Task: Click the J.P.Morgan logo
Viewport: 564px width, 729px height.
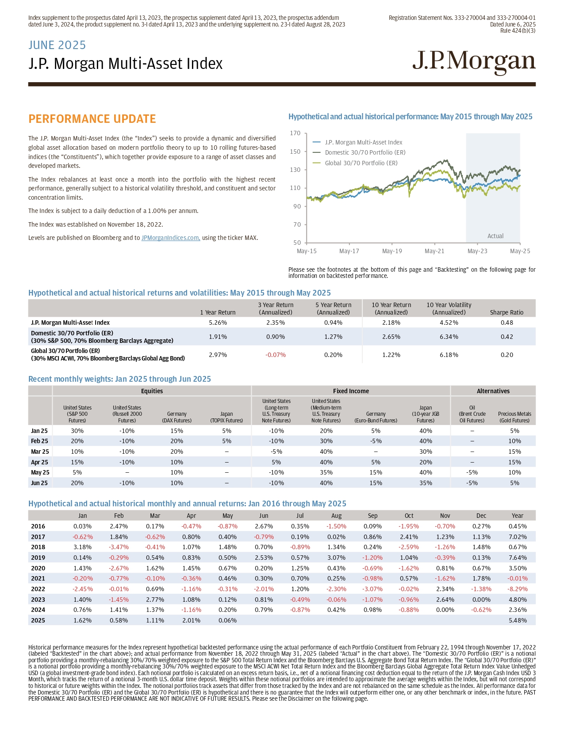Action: tap(474, 63)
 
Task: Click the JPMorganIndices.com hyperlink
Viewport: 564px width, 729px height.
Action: tap(171, 238)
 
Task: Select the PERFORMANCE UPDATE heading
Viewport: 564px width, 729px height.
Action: tap(92, 119)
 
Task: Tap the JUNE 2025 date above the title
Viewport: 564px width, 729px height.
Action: tap(57, 45)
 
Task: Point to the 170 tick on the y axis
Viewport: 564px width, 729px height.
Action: tap(295, 133)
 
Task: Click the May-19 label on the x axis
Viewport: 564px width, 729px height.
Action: tap(392, 251)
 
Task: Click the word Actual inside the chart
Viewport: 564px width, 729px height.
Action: tap(495, 236)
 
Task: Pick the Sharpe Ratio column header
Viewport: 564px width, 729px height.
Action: tap(506, 312)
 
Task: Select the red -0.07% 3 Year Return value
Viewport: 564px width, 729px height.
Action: tap(276, 355)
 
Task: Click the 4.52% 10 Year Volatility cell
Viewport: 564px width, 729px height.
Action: tap(449, 323)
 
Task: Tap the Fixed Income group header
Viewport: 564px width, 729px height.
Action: tap(351, 391)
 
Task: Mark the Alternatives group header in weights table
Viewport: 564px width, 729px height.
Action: tap(493, 391)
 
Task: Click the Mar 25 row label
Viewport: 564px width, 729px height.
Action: tap(40, 452)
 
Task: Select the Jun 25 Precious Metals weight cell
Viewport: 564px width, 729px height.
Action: tap(514, 483)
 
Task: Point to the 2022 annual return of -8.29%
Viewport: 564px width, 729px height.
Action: tap(517, 589)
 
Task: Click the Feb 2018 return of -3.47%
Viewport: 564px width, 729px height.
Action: tap(119, 547)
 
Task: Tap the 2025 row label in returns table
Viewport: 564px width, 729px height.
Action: tap(38, 620)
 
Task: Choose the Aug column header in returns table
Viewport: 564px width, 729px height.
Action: tap(336, 516)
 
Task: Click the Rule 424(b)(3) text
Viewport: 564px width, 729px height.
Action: tap(518, 30)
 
